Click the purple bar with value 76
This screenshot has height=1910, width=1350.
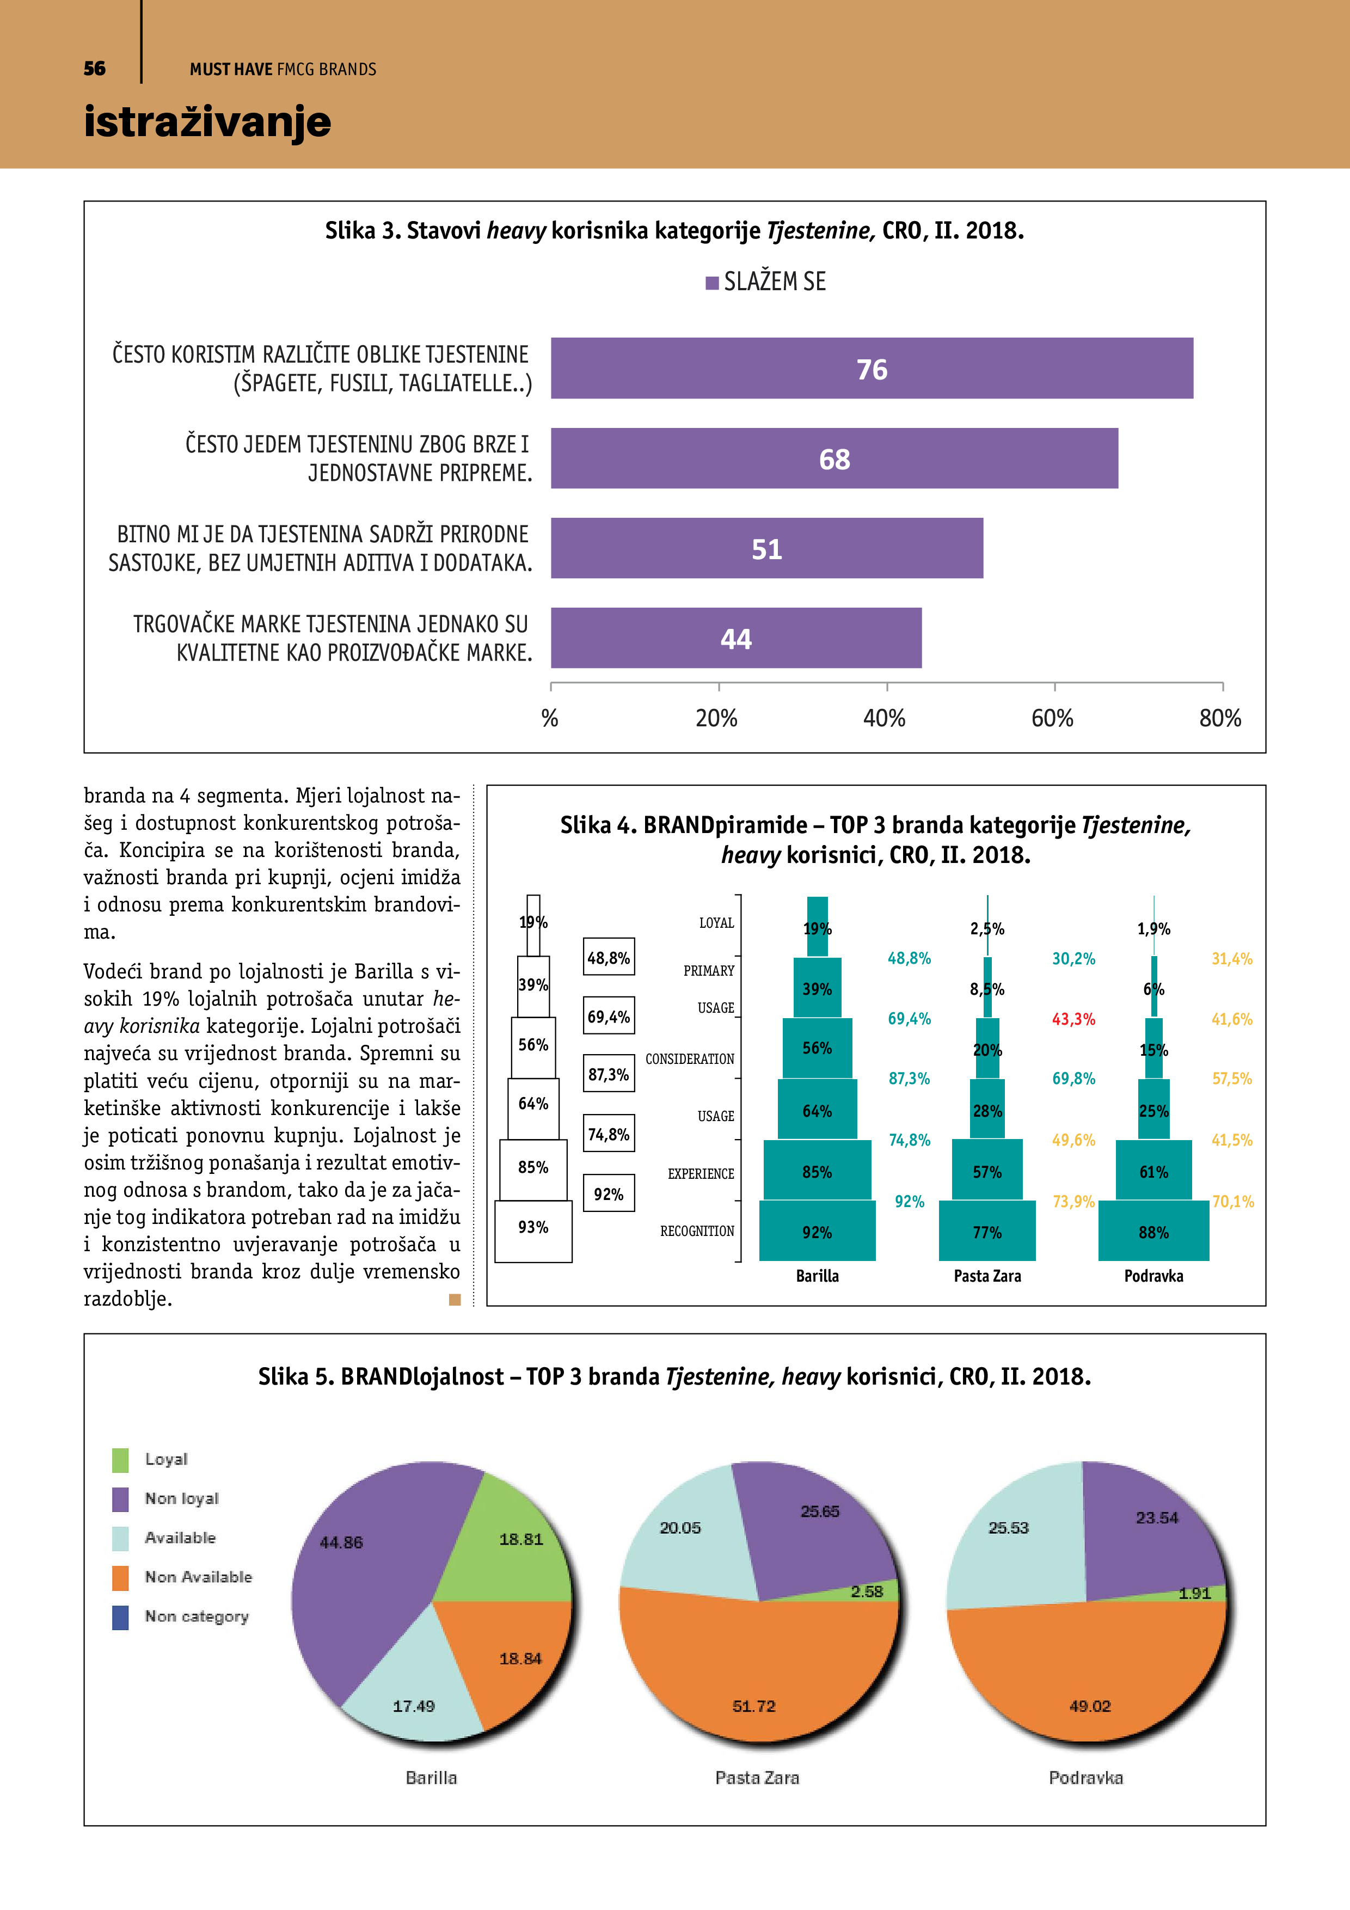871,369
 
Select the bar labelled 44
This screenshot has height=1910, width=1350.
735,638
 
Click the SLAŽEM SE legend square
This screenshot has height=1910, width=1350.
712,283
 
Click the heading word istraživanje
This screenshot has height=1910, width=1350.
207,121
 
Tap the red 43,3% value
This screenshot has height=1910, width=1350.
1073,1019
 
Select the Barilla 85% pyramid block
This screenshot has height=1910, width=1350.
817,1171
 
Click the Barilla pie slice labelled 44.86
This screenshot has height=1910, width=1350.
358,1581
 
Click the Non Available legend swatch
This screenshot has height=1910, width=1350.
121,1577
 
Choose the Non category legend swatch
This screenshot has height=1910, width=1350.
121,1617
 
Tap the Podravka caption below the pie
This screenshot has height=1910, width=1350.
1085,1778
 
